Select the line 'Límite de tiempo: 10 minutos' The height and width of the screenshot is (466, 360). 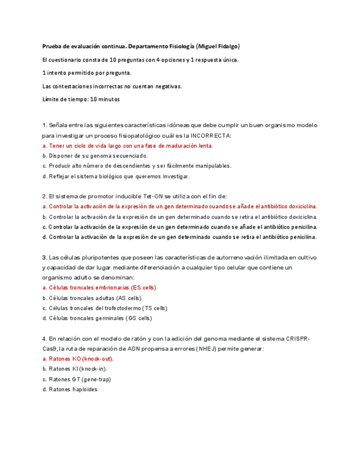81,99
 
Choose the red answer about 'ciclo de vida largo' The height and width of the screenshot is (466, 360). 128,146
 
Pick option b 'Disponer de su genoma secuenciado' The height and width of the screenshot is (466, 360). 95,156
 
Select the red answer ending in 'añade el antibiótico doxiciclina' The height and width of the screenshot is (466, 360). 180,207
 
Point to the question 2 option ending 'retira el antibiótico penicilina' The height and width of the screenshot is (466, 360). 180,237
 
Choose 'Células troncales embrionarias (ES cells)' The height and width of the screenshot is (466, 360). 99,287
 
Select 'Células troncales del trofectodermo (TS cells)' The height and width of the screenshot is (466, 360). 104,308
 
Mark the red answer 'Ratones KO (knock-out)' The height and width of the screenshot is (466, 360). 77,359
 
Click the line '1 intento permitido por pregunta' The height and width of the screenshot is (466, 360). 87,73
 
